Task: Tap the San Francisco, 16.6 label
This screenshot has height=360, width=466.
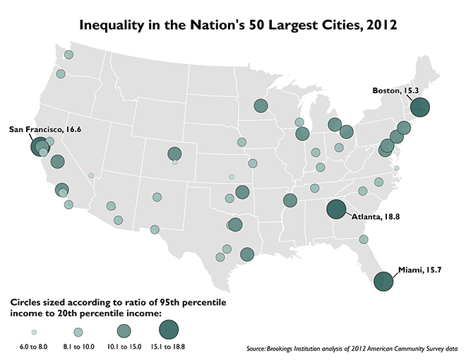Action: (x=44, y=129)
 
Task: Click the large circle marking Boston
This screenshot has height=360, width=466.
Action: (x=420, y=107)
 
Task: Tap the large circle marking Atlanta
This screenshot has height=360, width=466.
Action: (x=336, y=210)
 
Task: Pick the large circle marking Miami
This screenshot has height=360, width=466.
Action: (x=383, y=281)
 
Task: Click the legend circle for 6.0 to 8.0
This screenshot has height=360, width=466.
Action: (x=33, y=332)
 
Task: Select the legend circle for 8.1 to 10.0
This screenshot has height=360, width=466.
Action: (x=78, y=332)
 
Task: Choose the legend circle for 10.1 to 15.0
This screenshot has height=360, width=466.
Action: (x=124, y=331)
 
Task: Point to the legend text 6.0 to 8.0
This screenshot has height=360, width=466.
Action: (x=33, y=347)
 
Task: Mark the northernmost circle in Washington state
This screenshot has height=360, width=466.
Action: (x=68, y=55)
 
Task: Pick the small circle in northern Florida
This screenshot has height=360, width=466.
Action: (x=363, y=239)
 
